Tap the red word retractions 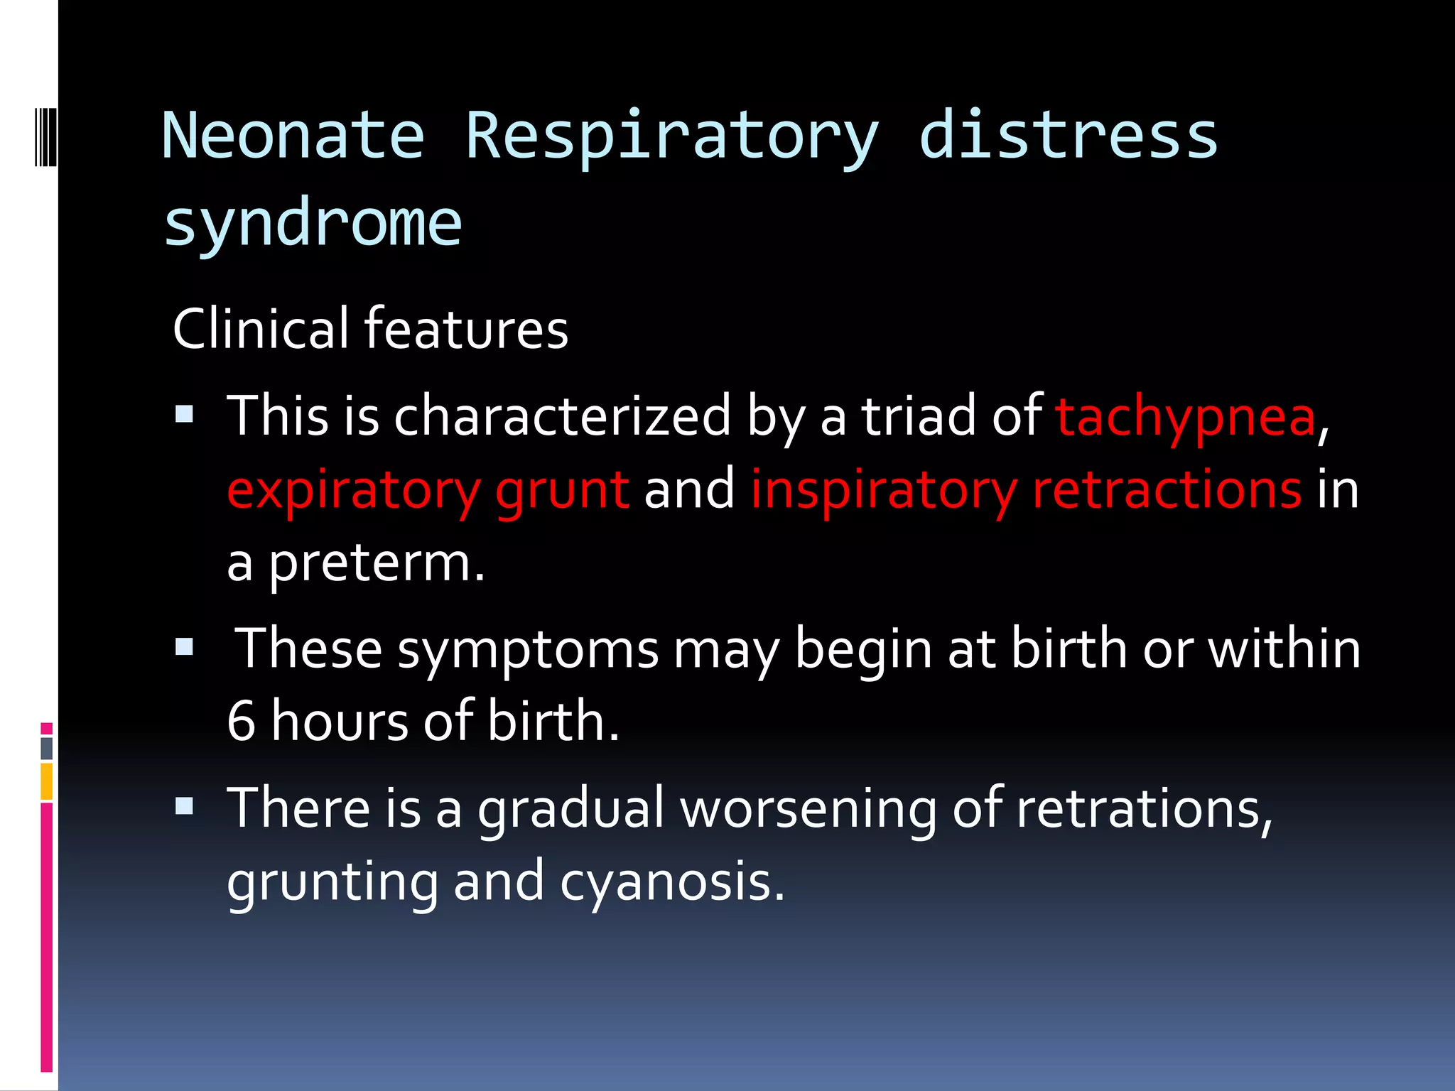(x=1167, y=490)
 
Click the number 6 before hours (x=241, y=722)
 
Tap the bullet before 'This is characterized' (x=185, y=414)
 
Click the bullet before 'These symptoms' (x=185, y=646)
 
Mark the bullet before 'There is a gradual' (x=185, y=806)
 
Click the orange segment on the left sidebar (x=46, y=781)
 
